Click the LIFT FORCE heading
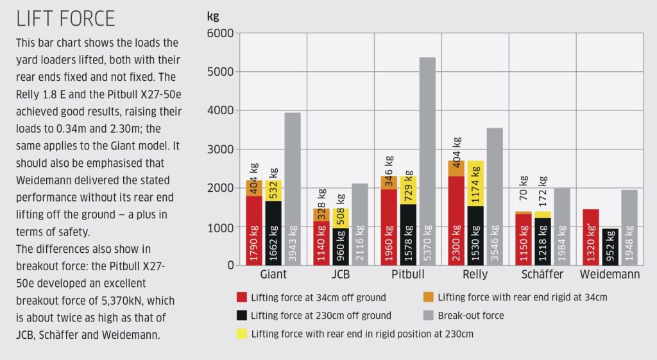(65, 19)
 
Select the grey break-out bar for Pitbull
(427, 160)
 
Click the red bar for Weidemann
(591, 237)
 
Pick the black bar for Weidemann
(610, 246)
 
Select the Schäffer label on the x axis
(542, 275)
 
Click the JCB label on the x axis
(341, 275)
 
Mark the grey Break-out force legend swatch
(428, 315)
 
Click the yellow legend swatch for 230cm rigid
(241, 334)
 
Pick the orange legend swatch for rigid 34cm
(428, 297)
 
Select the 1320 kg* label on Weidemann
(591, 244)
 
